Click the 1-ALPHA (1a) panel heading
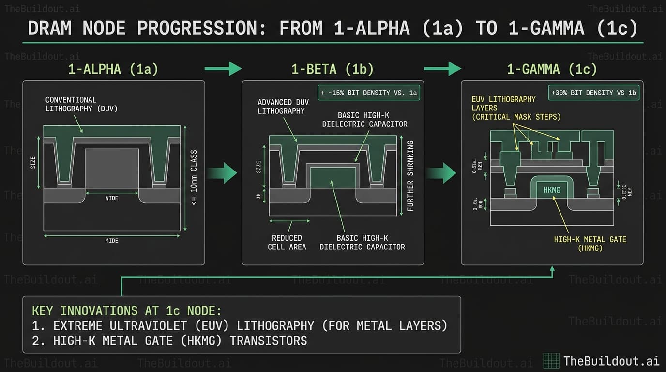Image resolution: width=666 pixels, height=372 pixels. tap(113, 69)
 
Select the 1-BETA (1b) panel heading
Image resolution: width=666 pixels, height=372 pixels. tap(333, 69)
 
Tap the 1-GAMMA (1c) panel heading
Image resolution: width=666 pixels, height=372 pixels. tap(552, 69)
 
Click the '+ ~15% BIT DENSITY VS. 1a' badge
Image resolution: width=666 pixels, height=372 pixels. tap(368, 93)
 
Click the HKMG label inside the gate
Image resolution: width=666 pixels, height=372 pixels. tap(552, 190)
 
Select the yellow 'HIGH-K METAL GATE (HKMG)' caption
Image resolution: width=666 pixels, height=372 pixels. tap(590, 244)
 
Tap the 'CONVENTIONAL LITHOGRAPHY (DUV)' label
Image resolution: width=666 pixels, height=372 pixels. tap(81, 104)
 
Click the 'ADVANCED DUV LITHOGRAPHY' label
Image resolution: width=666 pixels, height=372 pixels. tap(281, 107)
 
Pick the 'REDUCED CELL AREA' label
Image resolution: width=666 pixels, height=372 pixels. tap(287, 242)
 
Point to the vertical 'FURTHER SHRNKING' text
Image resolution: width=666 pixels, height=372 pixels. tap(410, 176)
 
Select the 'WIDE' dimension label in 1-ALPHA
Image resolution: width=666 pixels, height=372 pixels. tap(112, 198)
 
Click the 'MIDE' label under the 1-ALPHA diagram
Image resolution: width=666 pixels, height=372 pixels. tap(112, 241)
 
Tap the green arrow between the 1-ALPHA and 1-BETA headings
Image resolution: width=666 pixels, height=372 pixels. tap(223, 69)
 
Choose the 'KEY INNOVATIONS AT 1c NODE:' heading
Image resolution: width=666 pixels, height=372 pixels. tap(126, 310)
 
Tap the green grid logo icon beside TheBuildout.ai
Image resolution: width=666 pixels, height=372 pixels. tap(551, 360)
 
